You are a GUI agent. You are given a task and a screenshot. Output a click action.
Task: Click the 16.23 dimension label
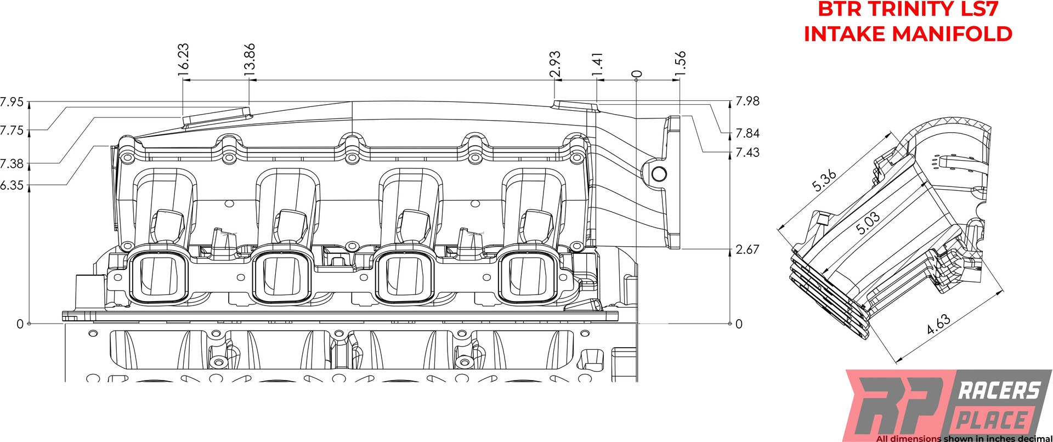pos(183,59)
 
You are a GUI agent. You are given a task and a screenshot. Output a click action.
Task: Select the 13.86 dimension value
pos(250,59)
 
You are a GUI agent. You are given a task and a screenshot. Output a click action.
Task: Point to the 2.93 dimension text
pos(555,64)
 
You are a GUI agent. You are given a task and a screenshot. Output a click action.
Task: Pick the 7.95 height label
pos(12,102)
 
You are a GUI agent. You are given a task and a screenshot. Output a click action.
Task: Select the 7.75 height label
pos(12,131)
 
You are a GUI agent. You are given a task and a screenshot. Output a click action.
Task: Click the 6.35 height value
pos(12,185)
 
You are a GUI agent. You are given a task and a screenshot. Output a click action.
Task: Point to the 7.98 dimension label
pos(747,101)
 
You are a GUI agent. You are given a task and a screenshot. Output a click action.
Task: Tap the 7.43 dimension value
pos(747,152)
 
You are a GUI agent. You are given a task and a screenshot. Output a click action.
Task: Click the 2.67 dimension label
pos(747,250)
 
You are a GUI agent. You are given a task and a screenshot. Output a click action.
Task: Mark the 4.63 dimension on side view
pos(938,324)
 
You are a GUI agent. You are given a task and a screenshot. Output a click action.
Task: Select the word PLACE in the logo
pos(992,421)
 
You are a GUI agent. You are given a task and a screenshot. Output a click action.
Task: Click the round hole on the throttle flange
pos(659,174)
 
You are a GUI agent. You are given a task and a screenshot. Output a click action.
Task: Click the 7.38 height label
pos(12,163)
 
